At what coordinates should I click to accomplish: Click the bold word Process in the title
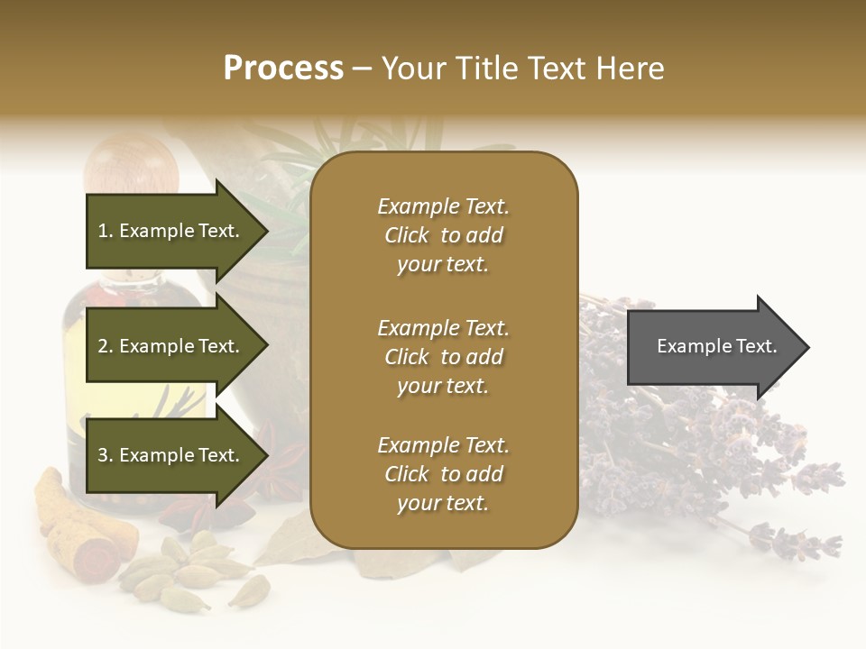pos(283,68)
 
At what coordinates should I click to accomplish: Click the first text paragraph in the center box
pos(443,235)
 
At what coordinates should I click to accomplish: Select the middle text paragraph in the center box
pos(443,357)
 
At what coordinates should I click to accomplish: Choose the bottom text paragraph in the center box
pos(443,474)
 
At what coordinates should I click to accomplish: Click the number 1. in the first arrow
pos(106,231)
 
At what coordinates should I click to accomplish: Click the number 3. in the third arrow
pos(106,455)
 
